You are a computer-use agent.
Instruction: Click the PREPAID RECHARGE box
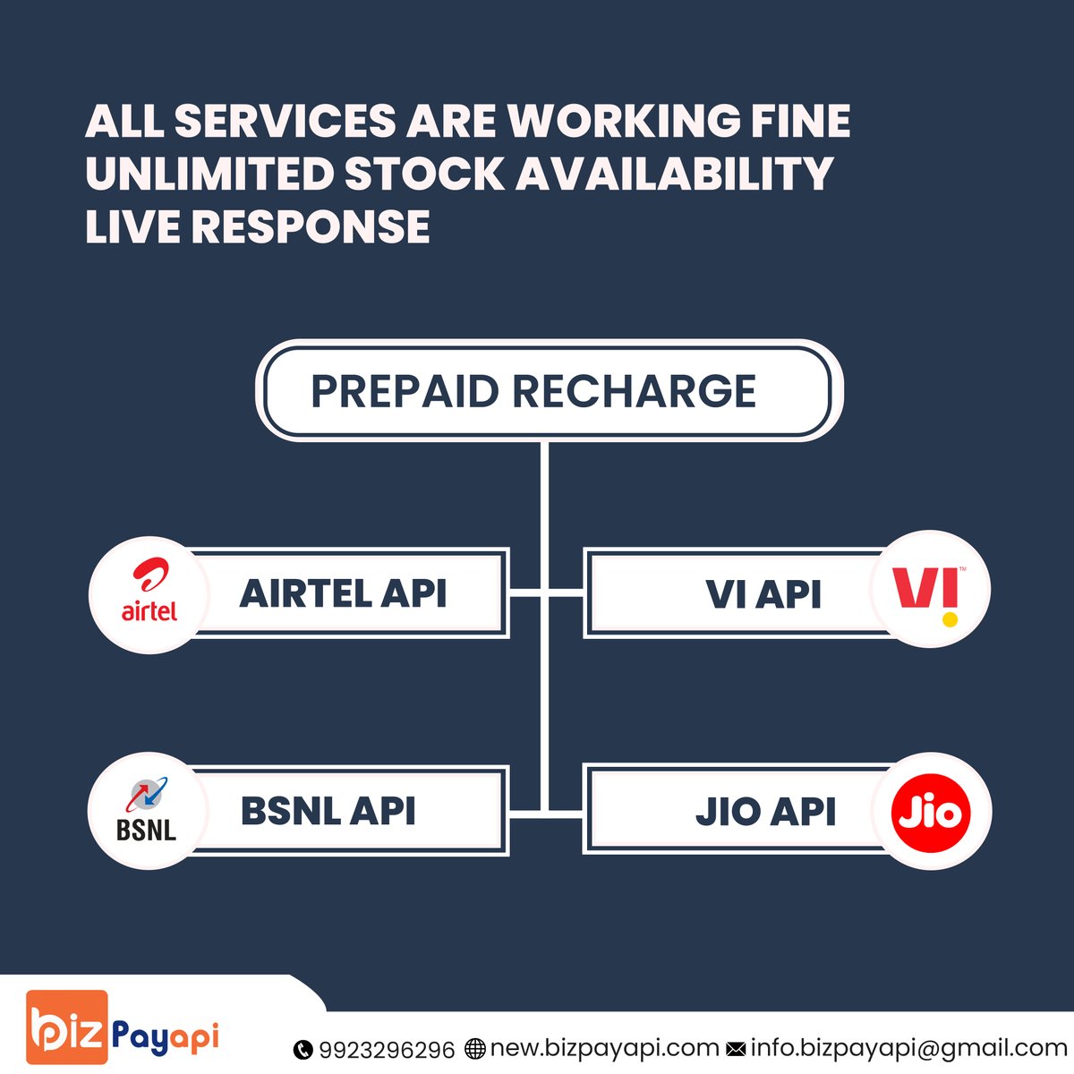pos(548,391)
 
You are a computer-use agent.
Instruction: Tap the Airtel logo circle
pos(149,594)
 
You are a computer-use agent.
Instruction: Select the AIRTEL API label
pos(344,593)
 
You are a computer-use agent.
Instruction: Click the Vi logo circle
pos(930,590)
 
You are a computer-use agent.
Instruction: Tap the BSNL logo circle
pos(147,811)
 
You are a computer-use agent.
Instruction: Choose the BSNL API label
pos(328,811)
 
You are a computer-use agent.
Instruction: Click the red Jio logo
pos(931,812)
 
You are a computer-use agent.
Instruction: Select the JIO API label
pos(765,812)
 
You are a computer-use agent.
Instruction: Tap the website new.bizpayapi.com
pos(604,1048)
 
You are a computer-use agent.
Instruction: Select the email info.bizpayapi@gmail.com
pos(908,1048)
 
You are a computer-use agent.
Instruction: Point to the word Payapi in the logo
pos(166,1038)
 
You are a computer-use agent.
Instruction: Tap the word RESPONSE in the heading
pos(311,226)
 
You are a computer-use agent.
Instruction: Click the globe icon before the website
pos(475,1049)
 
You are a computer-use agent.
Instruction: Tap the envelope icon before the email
pos(736,1049)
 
